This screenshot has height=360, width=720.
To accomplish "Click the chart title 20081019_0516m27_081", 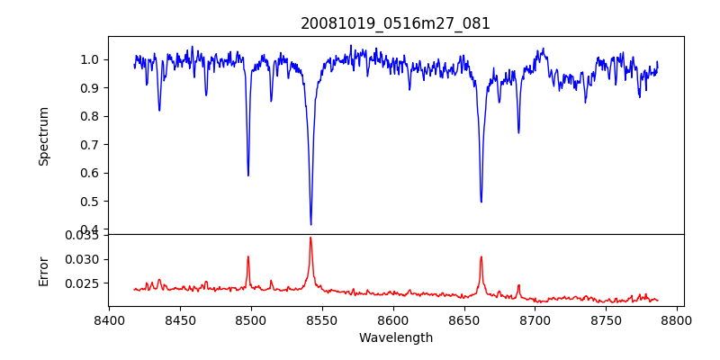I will tap(396, 23).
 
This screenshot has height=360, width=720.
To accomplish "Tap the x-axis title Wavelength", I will tap(396, 337).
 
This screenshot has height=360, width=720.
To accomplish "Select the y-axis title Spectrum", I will tap(44, 136).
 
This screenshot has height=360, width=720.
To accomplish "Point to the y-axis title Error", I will tap(44, 270).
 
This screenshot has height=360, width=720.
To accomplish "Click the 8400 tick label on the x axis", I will tap(109, 319).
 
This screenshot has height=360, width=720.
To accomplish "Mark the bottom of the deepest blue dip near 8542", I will tap(310, 224).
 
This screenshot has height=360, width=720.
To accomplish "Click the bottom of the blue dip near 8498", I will tap(248, 175).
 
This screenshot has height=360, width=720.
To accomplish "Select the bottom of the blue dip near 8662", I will tap(481, 202).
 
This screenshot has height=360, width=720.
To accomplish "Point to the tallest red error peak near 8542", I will tap(310, 238).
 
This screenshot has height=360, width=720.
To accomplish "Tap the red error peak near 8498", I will tap(248, 256).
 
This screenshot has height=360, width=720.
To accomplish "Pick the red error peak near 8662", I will tap(481, 256).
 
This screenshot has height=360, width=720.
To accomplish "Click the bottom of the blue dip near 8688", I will tap(518, 133).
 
